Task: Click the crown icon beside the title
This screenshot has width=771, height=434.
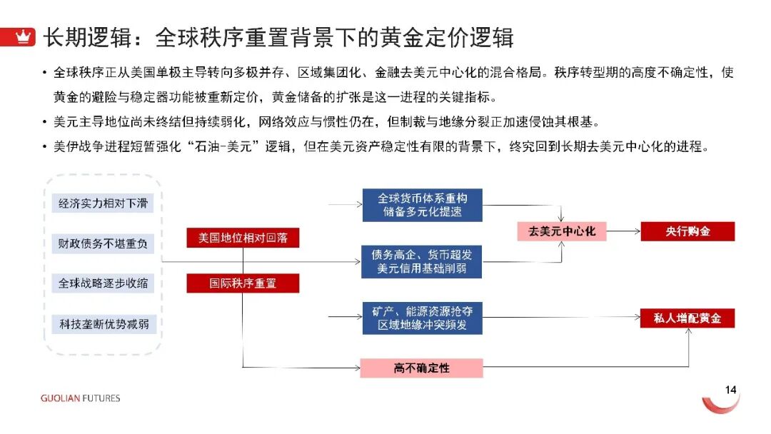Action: [x=24, y=37]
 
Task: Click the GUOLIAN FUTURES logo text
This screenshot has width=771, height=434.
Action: [x=80, y=398]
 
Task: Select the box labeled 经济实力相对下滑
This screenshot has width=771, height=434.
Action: [x=103, y=203]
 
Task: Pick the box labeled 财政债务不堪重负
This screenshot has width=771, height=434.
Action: [x=103, y=243]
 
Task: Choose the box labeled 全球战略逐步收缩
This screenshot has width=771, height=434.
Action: [x=103, y=283]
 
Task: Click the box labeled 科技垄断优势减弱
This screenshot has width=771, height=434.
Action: [x=103, y=323]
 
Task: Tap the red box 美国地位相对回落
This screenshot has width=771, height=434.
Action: [x=243, y=238]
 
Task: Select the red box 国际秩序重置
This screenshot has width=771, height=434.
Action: [x=243, y=283]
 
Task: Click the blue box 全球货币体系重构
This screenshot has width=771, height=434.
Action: [x=421, y=205]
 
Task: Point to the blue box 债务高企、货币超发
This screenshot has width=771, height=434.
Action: [x=421, y=261]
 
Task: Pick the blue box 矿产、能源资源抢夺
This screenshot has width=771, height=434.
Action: [x=421, y=318]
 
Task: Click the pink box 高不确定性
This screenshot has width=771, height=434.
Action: [x=421, y=368]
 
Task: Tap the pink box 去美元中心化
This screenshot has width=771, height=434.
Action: [x=562, y=231]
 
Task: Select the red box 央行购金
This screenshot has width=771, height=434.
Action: [x=687, y=231]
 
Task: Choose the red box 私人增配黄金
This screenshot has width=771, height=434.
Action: [x=687, y=318]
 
